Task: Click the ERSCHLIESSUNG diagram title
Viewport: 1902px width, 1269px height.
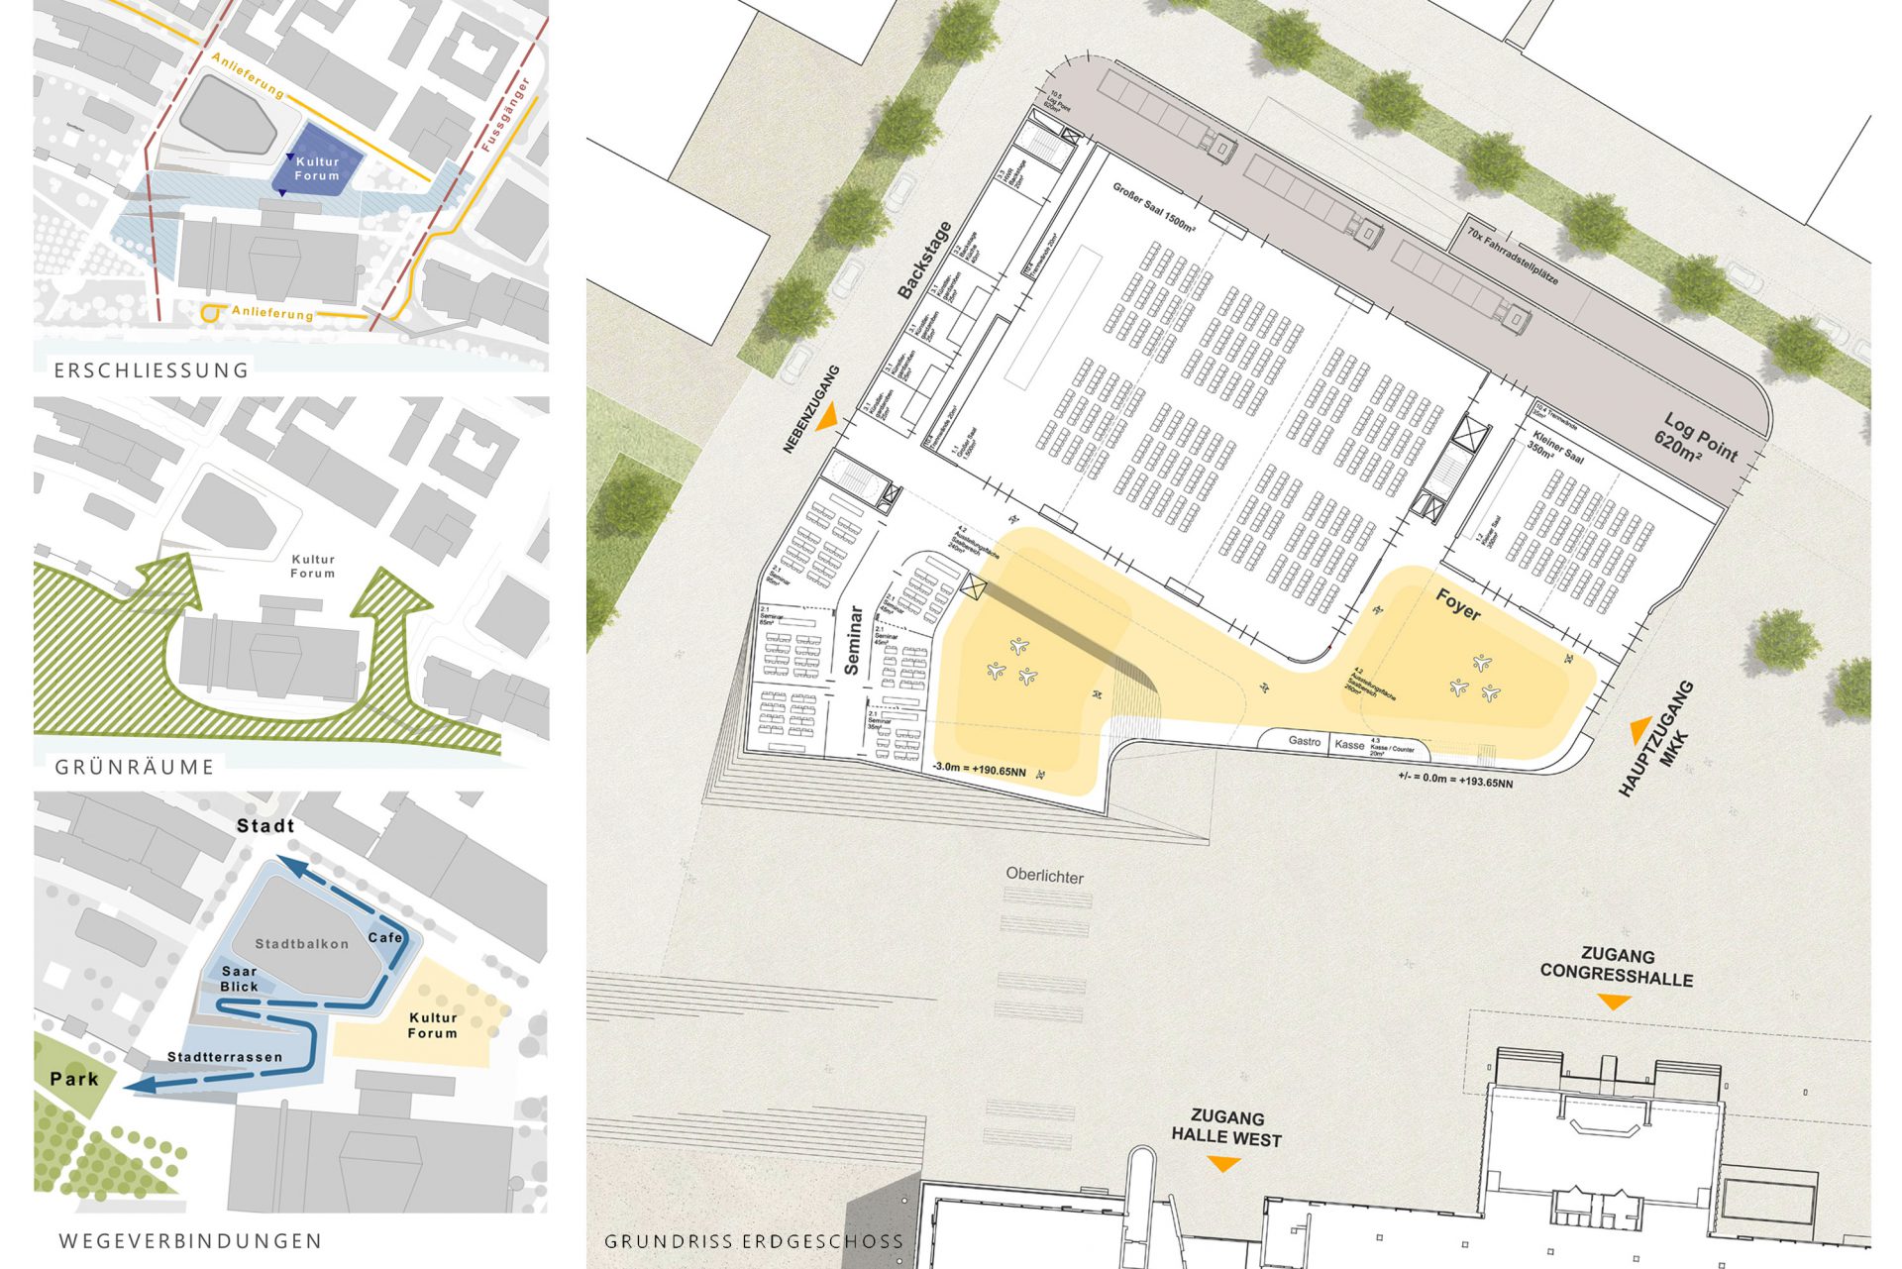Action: pos(151,370)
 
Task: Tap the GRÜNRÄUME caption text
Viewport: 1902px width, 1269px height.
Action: pos(135,767)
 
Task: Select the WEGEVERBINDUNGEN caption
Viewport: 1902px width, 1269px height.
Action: pos(190,1240)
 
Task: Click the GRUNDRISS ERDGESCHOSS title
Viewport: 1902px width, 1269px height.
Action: pos(754,1240)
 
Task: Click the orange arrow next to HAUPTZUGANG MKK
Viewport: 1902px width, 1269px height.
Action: pos(1640,730)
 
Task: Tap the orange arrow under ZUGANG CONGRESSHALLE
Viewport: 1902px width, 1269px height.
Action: pos(1615,1003)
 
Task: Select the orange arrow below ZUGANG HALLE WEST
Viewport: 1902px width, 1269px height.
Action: pos(1224,1165)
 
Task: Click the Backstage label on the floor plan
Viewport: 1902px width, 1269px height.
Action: pos(924,260)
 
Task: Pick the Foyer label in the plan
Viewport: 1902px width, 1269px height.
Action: pos(1458,604)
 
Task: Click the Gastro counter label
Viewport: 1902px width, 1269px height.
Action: pos(1304,741)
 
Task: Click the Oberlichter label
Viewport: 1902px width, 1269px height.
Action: pos(1044,876)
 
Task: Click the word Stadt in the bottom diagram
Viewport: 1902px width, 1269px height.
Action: pos(264,825)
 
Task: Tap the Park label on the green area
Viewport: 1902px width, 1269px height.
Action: pos(74,1079)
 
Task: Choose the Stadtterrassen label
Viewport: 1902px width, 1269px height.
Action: pos(225,1057)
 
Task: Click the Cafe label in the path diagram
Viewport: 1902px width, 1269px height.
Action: pos(385,937)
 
